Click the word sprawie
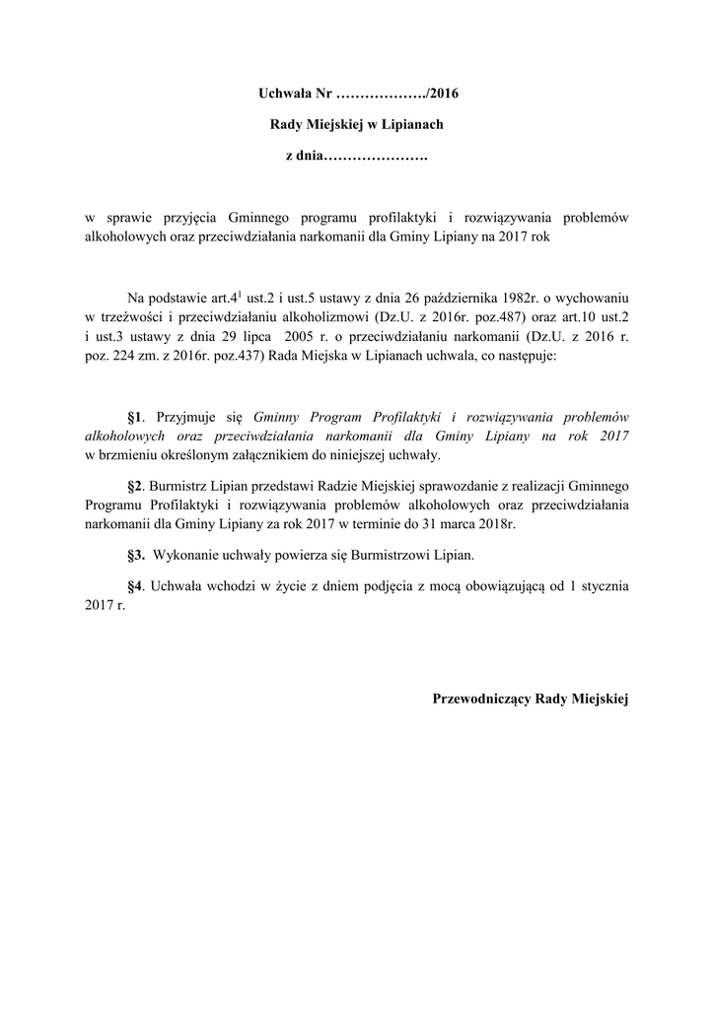(127, 219)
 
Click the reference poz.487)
(453, 316)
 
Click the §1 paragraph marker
(136, 417)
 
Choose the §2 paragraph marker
(136, 486)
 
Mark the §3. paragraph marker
(137, 555)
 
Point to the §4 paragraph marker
(136, 585)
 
